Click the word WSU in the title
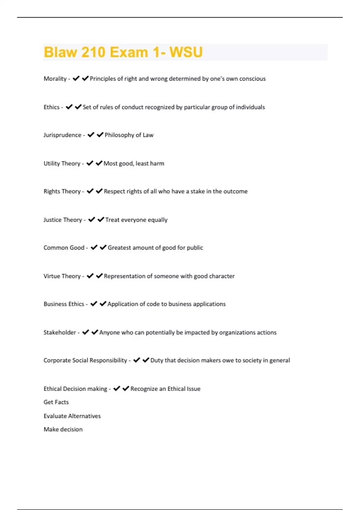[x=186, y=52]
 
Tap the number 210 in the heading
[x=93, y=52]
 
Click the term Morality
[x=55, y=79]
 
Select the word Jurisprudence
[x=62, y=135]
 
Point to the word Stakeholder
[x=60, y=332]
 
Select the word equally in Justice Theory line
[x=157, y=220]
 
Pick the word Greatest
[x=119, y=248]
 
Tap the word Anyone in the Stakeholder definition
[x=109, y=332]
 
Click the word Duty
[x=156, y=360]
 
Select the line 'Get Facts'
[x=56, y=402]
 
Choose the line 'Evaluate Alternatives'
[x=72, y=416]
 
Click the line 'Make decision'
[x=63, y=429]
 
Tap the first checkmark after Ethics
[x=69, y=107]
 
